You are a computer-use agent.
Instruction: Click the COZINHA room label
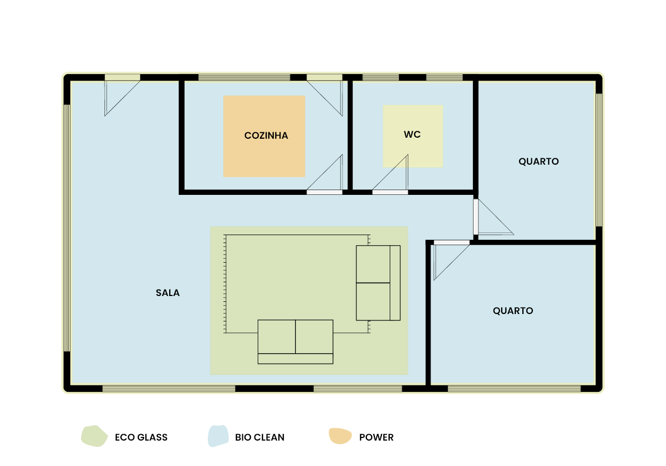pos(266,136)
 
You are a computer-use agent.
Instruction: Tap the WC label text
pos(412,135)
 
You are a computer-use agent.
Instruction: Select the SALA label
pos(168,292)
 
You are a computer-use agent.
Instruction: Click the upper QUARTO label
pos(539,162)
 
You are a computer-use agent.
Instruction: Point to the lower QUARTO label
pos(513,311)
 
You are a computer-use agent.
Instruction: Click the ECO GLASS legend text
pos(141,437)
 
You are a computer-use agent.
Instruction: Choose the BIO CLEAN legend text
pos(260,437)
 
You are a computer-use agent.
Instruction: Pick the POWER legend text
pos(376,437)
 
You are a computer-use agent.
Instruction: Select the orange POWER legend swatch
pos(340,436)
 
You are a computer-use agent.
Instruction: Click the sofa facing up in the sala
pos(295,342)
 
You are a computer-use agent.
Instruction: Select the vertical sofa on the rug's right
pos(378,283)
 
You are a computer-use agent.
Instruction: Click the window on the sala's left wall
pos(67,228)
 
